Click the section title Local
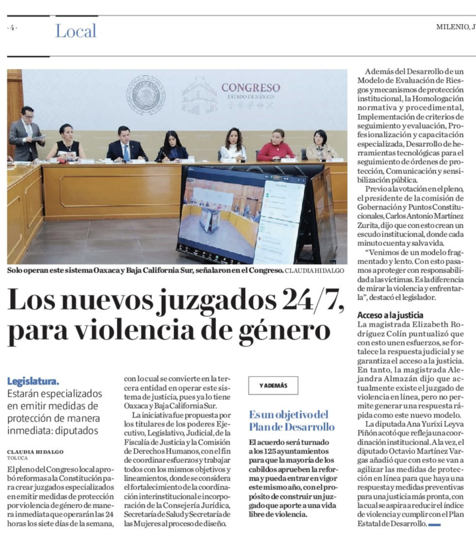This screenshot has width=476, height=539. tap(76, 31)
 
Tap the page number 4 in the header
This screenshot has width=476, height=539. tap(12, 28)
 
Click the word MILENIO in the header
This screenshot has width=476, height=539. tap(452, 27)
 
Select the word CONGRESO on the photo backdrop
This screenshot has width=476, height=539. tap(250, 87)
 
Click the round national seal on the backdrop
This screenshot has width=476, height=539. tap(146, 95)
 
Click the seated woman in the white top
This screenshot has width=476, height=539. tap(233, 145)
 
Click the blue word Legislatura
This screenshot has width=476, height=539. tap(33, 381)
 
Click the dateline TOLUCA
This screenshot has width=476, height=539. tap(17, 458)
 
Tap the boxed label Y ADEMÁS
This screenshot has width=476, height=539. tap(273, 385)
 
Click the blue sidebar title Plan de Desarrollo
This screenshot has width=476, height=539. tap(292, 426)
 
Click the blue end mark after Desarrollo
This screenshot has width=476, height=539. tap(434, 525)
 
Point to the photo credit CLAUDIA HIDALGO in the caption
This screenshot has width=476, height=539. tap(315, 271)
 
